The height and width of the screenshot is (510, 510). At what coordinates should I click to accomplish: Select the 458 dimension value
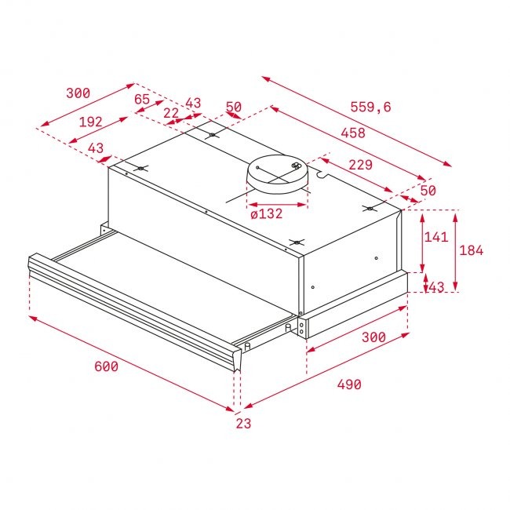click(x=353, y=133)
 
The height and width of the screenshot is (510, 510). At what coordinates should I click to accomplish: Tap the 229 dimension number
click(x=359, y=165)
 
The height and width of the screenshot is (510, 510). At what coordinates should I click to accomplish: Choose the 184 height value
click(x=471, y=251)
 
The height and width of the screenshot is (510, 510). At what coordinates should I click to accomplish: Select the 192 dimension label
click(x=91, y=122)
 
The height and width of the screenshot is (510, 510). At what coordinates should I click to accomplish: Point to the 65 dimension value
click(x=142, y=99)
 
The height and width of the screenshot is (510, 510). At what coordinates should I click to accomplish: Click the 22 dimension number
click(x=171, y=113)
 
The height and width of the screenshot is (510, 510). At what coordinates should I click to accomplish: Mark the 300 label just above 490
click(x=373, y=337)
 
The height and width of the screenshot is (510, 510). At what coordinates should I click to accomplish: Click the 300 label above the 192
click(x=78, y=93)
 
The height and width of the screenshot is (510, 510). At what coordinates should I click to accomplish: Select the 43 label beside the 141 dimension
click(x=435, y=288)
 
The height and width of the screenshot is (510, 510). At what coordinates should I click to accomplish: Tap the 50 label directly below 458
click(x=428, y=191)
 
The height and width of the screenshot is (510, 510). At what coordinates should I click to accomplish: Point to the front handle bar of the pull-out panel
click(x=133, y=302)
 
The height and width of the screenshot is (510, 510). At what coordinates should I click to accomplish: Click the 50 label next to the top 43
click(x=234, y=107)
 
